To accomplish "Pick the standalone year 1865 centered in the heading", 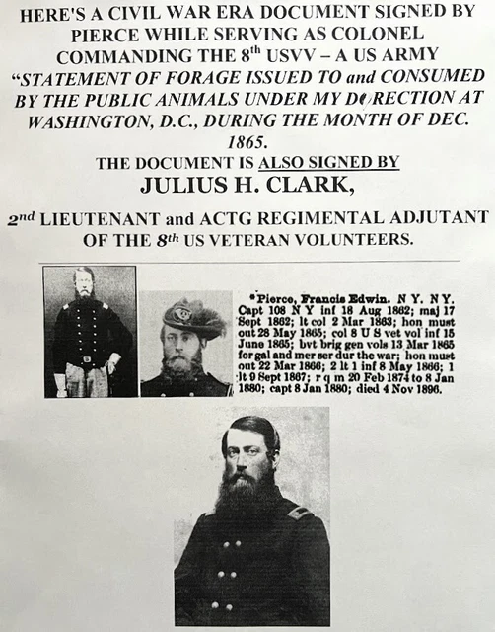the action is (x=247, y=143).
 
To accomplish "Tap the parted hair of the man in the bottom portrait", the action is (x=252, y=427).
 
